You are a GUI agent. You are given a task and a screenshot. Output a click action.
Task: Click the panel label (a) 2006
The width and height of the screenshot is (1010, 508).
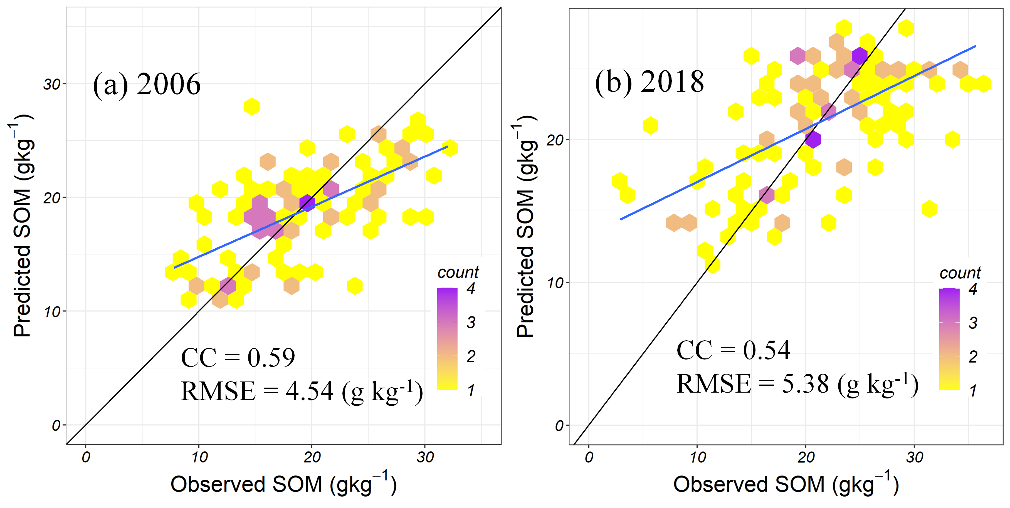pyautogui.click(x=147, y=84)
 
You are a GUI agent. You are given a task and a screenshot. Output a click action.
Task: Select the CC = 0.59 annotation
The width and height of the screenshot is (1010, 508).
pyautogui.click(x=238, y=358)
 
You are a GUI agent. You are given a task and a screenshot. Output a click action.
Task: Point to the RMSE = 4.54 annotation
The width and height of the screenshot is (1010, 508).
pyautogui.click(x=302, y=391)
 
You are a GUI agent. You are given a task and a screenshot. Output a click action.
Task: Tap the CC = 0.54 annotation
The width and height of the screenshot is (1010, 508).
pyautogui.click(x=733, y=350)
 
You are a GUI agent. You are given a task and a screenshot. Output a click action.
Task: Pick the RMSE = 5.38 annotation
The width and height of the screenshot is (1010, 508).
pyautogui.click(x=797, y=384)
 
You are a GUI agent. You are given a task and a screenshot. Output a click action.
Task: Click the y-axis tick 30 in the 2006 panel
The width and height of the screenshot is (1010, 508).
pyautogui.click(x=52, y=84)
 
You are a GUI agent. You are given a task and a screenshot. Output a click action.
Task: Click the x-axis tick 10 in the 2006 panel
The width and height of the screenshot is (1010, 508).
pyautogui.click(x=199, y=457)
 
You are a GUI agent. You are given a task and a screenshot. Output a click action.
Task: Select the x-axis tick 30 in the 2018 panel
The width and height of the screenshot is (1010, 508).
pyautogui.click(x=914, y=457)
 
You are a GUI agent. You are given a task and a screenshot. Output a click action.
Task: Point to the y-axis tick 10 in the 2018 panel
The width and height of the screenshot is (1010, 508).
pyautogui.click(x=555, y=283)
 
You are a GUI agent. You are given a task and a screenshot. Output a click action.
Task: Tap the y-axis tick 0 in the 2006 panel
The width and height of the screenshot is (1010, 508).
pyautogui.click(x=56, y=425)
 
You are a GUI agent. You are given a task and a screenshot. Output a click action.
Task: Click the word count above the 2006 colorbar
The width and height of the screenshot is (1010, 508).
pyautogui.click(x=458, y=272)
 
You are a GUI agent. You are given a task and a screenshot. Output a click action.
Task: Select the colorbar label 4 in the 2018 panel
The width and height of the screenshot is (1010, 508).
pyautogui.click(x=973, y=289)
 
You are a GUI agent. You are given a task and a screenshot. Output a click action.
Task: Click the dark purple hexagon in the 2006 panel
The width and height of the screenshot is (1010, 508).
pyautogui.click(x=307, y=203)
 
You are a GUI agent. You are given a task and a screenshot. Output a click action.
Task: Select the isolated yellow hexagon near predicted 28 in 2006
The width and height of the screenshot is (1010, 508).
pyautogui.click(x=252, y=106)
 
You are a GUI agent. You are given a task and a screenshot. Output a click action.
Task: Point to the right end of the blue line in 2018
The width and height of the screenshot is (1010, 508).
pyautogui.click(x=975, y=46)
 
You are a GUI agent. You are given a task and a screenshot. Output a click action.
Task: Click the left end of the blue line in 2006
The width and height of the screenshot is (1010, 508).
pyautogui.click(x=175, y=267)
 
